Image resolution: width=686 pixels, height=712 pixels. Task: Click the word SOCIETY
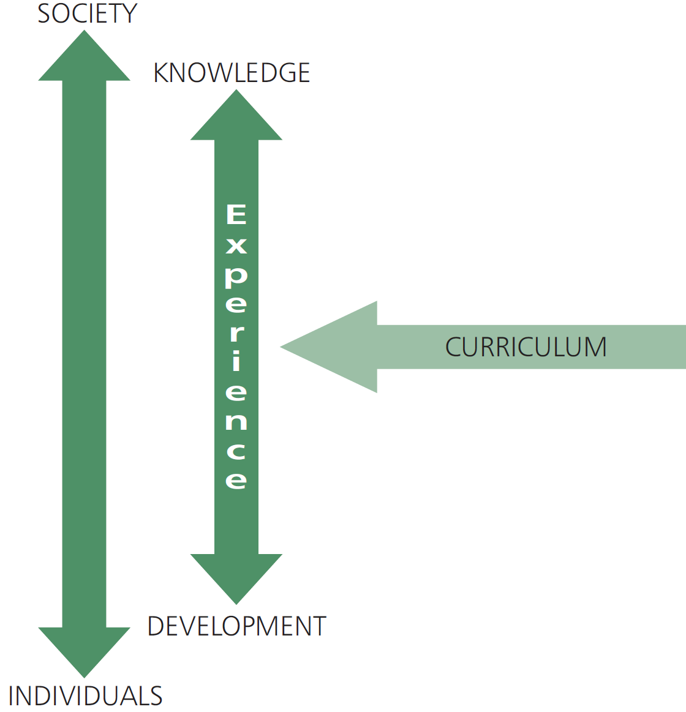pos(87,13)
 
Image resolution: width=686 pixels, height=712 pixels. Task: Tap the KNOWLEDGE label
pos(232,73)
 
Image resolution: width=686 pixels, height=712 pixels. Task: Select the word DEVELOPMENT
pos(236,626)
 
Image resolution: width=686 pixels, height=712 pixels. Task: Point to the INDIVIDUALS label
pos(85,697)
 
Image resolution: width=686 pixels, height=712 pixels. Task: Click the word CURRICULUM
pos(526,347)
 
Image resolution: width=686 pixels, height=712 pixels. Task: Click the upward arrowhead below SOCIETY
pos(85,59)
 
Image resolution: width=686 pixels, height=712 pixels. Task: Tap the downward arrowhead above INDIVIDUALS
pos(85,650)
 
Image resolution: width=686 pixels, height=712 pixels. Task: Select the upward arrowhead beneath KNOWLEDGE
pos(236,118)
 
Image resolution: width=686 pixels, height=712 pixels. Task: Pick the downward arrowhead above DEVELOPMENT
pos(236,576)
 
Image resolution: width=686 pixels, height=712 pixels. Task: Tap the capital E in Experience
pos(236,214)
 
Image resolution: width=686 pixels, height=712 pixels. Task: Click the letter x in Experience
pos(236,245)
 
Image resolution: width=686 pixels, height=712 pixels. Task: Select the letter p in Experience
pos(236,275)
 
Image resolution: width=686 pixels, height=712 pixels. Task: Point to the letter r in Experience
pos(236,333)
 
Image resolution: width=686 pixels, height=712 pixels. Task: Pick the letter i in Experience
pos(236,361)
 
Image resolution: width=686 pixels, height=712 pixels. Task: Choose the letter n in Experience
pos(236,421)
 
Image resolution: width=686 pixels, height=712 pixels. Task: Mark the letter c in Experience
pos(236,451)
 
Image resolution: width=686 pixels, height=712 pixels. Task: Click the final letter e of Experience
pos(236,480)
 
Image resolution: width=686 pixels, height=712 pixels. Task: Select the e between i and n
pos(236,392)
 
